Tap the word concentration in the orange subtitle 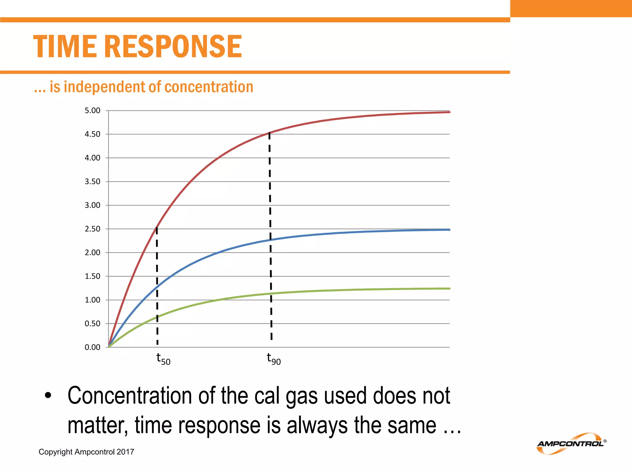coord(209,87)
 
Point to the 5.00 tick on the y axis coord(93,110)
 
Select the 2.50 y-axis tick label coord(93,229)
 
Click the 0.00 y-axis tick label coord(93,347)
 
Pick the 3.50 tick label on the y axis coord(93,181)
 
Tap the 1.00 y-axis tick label coord(93,300)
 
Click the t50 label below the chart coord(163,359)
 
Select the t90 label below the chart coord(274,359)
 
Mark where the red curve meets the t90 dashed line coord(269,133)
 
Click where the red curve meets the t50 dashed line coord(157,228)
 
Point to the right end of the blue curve coord(449,230)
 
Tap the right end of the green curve coord(449,289)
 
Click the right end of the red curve coord(449,112)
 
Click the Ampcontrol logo coord(571,444)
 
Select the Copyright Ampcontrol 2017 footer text coord(86,452)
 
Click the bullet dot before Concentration coord(48,396)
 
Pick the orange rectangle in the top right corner coord(571,8)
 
